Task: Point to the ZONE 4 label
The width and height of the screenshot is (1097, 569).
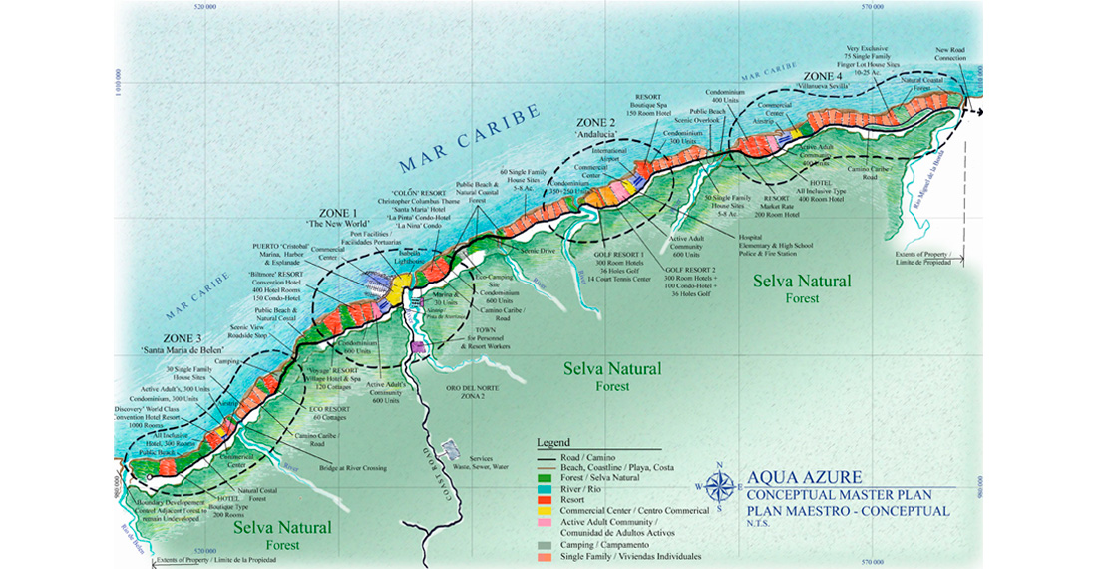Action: click(824, 76)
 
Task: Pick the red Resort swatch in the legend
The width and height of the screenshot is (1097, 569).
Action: click(544, 499)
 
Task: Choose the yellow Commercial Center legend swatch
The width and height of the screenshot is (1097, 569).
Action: click(544, 511)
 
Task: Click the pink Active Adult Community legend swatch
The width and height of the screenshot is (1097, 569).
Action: click(544, 523)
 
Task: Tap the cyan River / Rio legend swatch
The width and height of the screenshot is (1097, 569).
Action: click(544, 487)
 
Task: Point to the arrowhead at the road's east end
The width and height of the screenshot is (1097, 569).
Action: click(979, 109)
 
